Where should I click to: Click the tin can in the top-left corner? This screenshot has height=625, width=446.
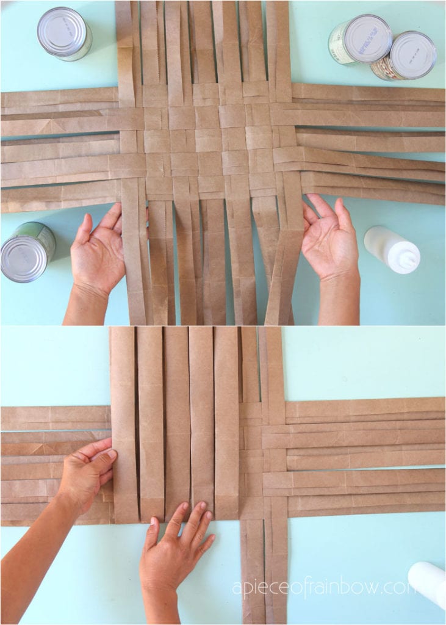pyautogui.click(x=64, y=33)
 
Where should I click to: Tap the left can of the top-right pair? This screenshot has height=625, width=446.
pyautogui.click(x=359, y=40)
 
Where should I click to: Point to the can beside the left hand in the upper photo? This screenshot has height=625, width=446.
pyautogui.click(x=27, y=251)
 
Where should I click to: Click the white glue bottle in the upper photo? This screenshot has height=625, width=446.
pyautogui.click(x=392, y=249)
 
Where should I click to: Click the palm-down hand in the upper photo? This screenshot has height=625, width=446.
pyautogui.click(x=98, y=256)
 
